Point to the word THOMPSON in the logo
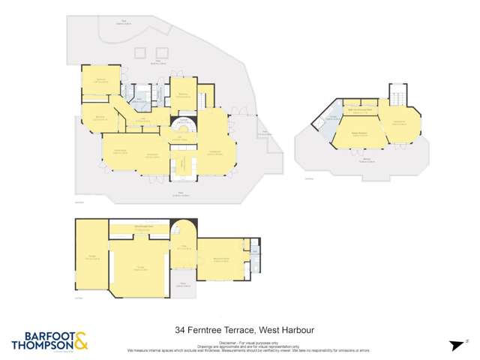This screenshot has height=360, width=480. (42, 346)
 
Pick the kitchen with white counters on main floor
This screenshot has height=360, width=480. (181, 160)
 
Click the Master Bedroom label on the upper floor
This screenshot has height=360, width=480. (359, 133)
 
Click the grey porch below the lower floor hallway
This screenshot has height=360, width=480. (184, 286)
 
